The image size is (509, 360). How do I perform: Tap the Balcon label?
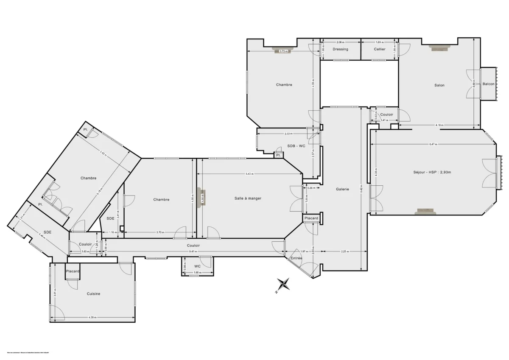[489, 84]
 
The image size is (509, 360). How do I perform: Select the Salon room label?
[439, 85]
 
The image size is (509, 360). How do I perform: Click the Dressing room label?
[340, 49]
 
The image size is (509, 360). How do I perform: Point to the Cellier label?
[380, 49]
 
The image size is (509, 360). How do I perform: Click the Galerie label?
[342, 189]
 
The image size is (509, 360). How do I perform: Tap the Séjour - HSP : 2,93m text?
[432, 172]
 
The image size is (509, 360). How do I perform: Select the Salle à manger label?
[248, 198]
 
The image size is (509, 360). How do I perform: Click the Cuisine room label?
[94, 294]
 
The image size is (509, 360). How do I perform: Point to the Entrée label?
[296, 258]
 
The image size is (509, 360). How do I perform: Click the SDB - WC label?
[296, 146]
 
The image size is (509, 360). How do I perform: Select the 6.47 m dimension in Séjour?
[433, 144]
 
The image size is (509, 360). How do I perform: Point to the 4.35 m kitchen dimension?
[92, 317]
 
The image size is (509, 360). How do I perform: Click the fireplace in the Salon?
[439, 47]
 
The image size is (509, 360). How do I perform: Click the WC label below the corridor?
[197, 266]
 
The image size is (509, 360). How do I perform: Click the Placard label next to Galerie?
[311, 218]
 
